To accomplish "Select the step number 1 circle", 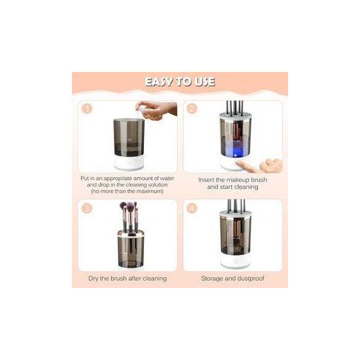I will pyautogui.click(x=86, y=109).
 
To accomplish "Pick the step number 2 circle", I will pyautogui.click(x=192, y=109).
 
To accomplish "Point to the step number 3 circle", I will pyautogui.click(x=86, y=209).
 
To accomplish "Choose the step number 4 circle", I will pyautogui.click(x=192, y=209).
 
